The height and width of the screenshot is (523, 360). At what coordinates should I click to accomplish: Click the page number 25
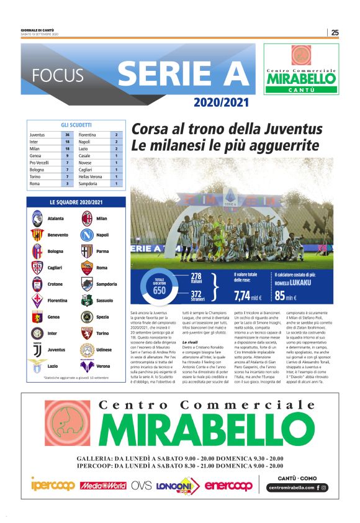[x=335, y=32]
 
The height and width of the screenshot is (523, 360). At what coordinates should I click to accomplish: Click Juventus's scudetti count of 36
[x=68, y=135]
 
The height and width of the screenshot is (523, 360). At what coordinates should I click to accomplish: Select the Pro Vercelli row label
[x=39, y=162]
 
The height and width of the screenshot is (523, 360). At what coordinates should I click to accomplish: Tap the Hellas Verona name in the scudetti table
[x=91, y=176]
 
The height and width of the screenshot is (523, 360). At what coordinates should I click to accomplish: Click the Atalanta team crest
[x=37, y=219]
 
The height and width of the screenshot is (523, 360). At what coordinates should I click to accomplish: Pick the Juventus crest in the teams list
[x=37, y=350]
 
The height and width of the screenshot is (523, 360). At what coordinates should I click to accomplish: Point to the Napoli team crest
[x=87, y=235]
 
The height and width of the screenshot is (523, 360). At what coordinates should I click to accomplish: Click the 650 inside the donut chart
[x=159, y=291]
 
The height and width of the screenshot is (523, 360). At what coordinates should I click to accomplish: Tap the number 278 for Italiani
[x=196, y=276]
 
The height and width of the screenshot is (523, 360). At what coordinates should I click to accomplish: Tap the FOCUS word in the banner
[x=58, y=76]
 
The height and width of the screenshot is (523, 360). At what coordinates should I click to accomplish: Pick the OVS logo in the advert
[x=142, y=484]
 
